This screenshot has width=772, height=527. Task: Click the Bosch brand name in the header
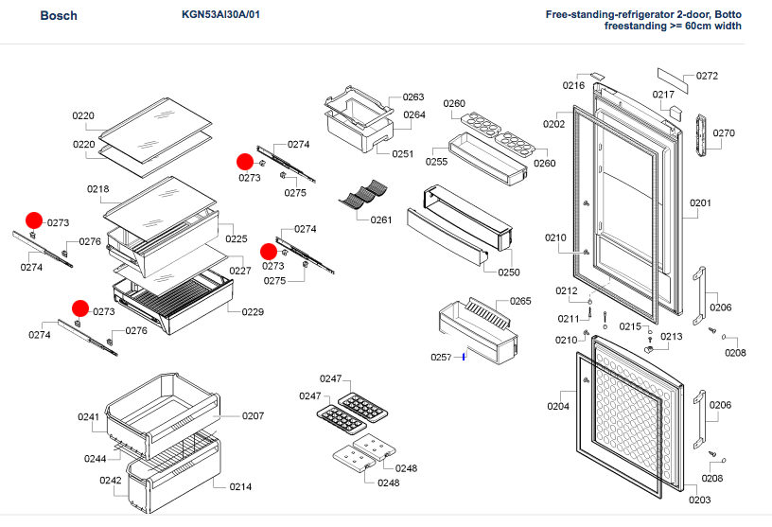coord(59,16)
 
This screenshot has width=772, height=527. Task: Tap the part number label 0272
coord(707,77)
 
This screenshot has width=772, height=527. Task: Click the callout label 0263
coord(412,97)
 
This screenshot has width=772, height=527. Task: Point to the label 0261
coord(381,220)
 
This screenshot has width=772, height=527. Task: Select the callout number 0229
coord(253,312)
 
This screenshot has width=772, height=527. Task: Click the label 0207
coord(253,416)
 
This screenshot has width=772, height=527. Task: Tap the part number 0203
coord(699,501)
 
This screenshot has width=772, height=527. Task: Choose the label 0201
coord(700,203)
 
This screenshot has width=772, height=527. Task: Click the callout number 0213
coord(671,337)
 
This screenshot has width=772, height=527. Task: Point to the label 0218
coord(98,189)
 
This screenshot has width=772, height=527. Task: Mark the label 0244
coord(95,459)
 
